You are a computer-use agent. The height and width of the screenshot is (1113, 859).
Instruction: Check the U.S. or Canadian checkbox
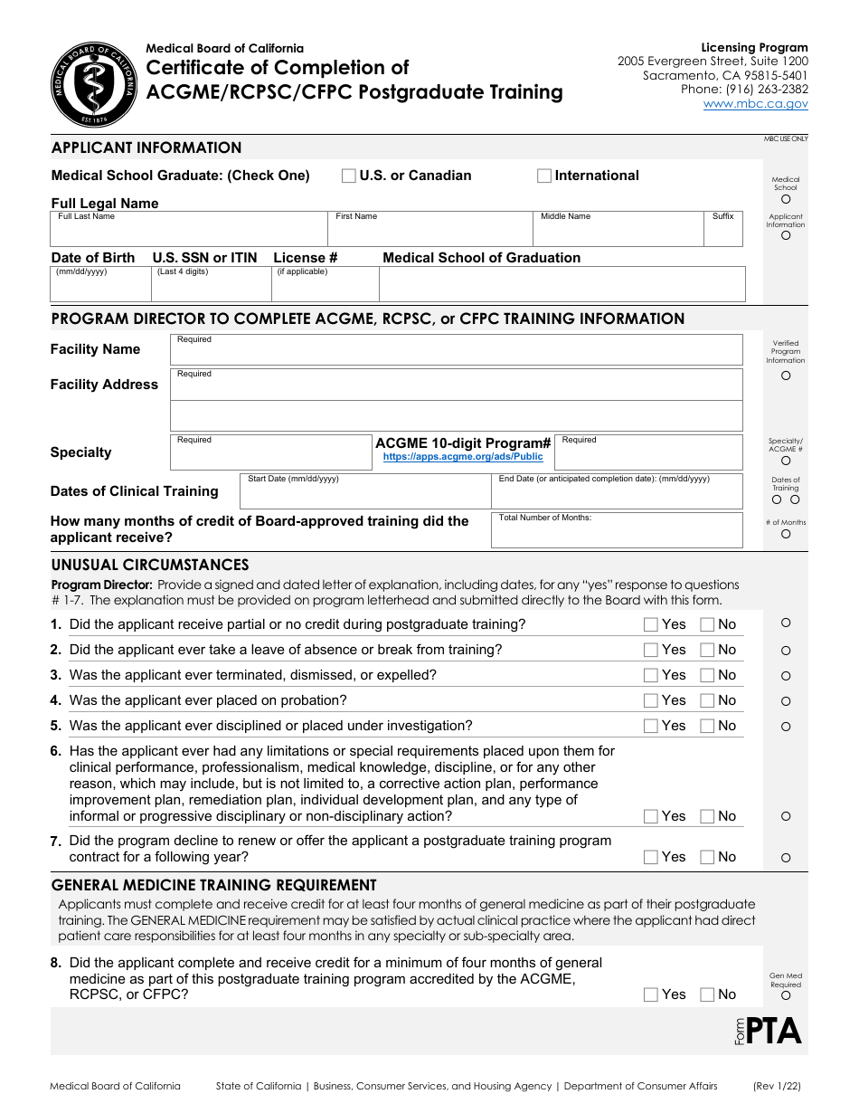point(348,176)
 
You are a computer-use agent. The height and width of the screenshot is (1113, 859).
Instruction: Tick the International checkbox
point(544,176)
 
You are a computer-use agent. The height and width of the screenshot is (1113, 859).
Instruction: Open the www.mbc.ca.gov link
point(755,104)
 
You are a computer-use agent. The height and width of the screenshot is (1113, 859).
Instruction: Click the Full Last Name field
point(188,233)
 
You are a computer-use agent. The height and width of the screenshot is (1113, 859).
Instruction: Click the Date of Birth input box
point(100,288)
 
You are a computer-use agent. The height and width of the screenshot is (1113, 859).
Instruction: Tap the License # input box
point(325,288)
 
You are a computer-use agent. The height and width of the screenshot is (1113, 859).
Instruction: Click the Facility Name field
point(456,350)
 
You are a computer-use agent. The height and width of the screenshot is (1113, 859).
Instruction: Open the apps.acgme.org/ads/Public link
point(463,457)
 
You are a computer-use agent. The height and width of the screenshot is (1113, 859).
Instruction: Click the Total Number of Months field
point(616,532)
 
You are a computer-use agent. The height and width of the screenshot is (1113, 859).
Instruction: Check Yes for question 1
point(650,624)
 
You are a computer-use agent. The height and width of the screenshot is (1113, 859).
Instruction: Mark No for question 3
point(707,675)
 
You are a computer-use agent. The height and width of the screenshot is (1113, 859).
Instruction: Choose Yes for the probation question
point(650,700)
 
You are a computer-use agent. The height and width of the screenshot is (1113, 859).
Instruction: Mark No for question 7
point(707,857)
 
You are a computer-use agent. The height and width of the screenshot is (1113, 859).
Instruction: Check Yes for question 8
point(650,994)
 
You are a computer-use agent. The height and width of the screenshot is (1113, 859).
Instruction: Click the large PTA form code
point(774,1032)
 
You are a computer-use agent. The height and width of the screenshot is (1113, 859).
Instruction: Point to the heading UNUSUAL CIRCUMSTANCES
point(150,565)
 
